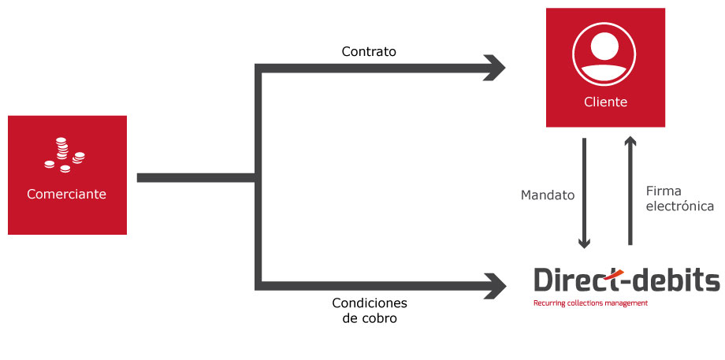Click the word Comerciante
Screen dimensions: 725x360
coord(66,194)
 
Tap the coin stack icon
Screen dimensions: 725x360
coord(65,155)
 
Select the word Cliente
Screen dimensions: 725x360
coord(605,102)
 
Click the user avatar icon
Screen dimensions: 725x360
coord(604,54)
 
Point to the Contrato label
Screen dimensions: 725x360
coord(369,51)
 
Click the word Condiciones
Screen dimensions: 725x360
coord(370,303)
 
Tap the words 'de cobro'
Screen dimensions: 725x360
coord(370,318)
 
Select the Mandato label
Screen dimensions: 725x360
coord(548,195)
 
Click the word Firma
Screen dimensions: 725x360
coord(664,191)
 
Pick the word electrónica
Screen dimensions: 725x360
coord(679,206)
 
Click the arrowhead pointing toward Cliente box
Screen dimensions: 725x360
coord(495,69)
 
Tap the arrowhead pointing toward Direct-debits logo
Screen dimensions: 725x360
coord(495,286)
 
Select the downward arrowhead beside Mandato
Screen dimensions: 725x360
coord(585,243)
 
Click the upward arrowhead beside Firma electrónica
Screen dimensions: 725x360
coord(630,140)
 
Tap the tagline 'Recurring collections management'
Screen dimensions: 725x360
coord(590,303)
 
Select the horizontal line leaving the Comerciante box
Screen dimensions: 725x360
coord(196,177)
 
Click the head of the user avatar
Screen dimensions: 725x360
coord(604,45)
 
